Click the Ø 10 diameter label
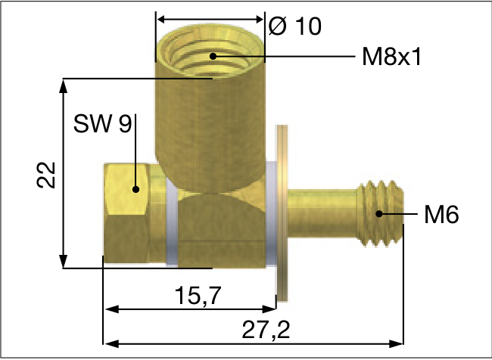(x=295, y=26)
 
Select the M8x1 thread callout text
(x=391, y=57)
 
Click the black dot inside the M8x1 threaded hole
(x=213, y=56)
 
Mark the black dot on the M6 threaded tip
(x=379, y=215)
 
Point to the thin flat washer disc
(x=282, y=212)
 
